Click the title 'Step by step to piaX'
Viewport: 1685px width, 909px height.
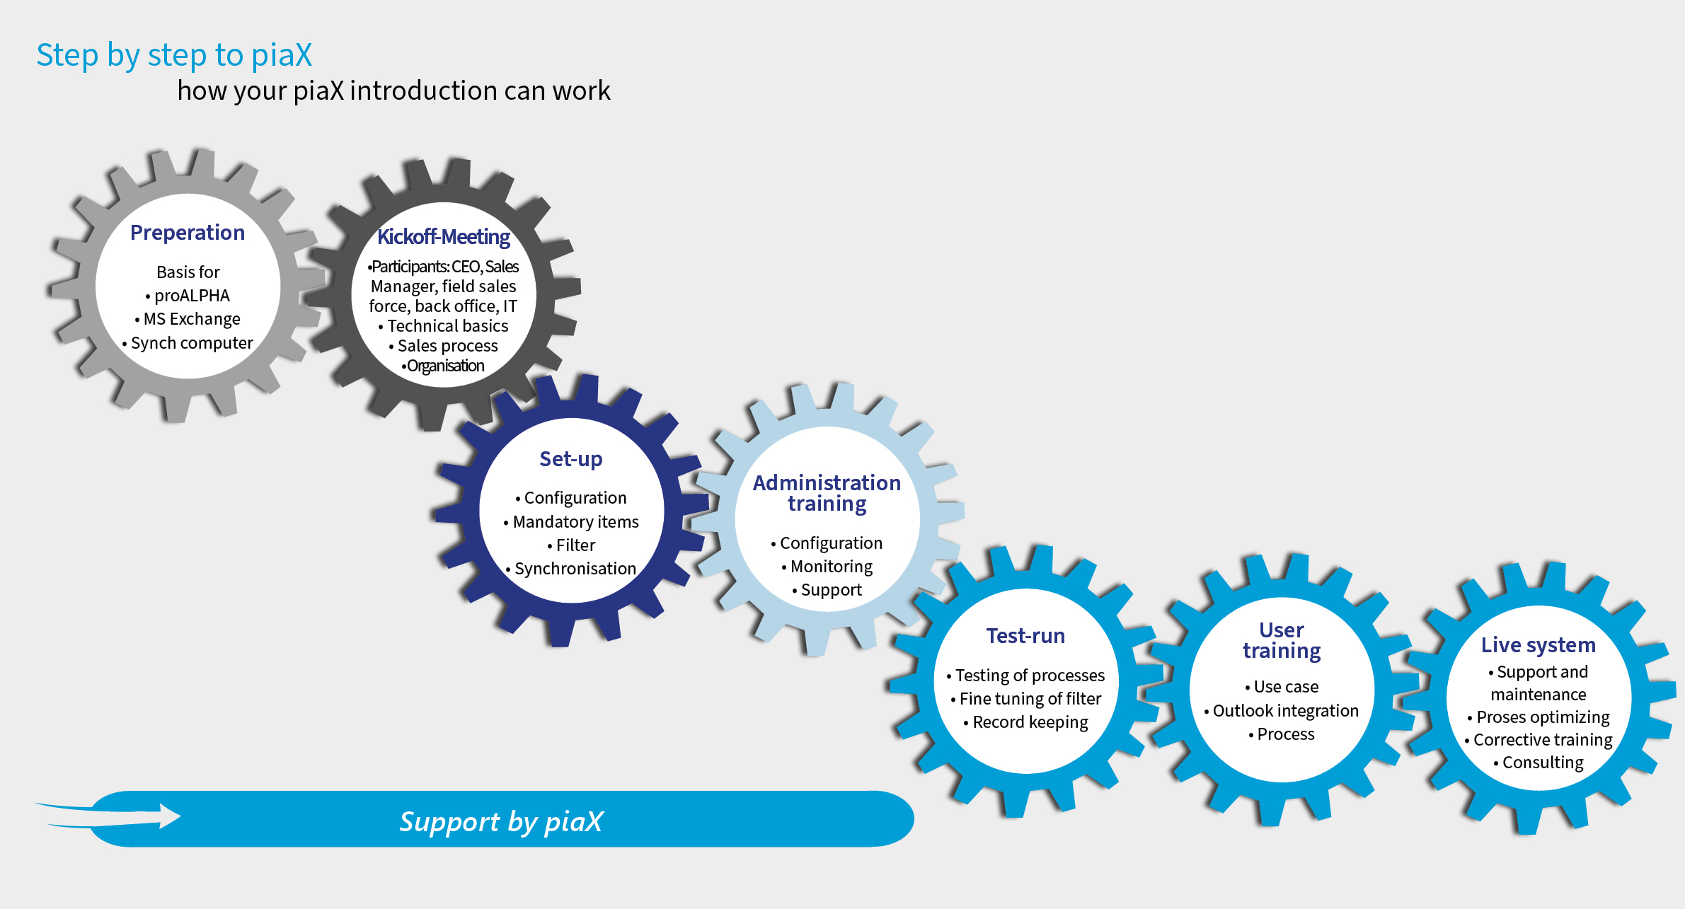(x=174, y=56)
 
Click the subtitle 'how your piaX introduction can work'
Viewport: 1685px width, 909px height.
(x=393, y=91)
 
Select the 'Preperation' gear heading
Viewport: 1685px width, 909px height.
(x=188, y=233)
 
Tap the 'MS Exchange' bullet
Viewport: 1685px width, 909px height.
(x=188, y=319)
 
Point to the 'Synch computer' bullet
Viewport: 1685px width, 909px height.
(x=188, y=343)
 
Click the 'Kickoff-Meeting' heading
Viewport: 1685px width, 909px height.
(x=444, y=237)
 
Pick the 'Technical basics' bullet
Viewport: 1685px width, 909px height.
(x=444, y=326)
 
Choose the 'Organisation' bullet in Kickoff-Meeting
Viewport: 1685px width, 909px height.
(x=444, y=366)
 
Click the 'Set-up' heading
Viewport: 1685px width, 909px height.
(x=571, y=459)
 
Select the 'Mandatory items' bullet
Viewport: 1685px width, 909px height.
(x=571, y=522)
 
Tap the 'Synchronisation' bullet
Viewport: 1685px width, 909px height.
(x=571, y=569)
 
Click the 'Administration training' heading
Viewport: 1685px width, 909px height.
(x=827, y=493)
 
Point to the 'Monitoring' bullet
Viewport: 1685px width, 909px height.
(x=827, y=567)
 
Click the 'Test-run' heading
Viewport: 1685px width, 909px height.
(x=1025, y=636)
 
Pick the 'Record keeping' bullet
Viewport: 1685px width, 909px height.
(x=1026, y=722)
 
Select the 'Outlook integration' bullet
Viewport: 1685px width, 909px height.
(x=1282, y=711)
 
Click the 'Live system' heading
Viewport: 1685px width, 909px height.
(x=1539, y=645)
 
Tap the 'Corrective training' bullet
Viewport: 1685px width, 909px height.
(x=1539, y=740)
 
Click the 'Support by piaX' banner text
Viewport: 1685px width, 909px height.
(x=501, y=821)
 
